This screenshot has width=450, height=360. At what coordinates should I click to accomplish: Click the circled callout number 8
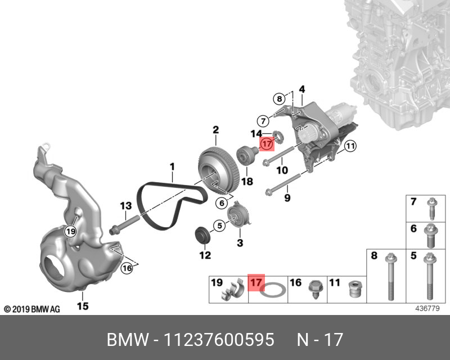pyautogui.click(x=279, y=100)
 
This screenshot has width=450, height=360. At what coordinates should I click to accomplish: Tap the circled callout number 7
pyautogui.click(x=263, y=121)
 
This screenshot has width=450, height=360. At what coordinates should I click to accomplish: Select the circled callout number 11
pyautogui.click(x=350, y=146)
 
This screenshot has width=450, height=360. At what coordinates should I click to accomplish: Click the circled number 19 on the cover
pyautogui.click(x=71, y=231)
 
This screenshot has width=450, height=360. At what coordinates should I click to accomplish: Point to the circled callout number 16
pyautogui.click(x=127, y=268)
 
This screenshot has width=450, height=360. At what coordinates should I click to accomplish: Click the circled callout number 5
pyautogui.click(x=219, y=226)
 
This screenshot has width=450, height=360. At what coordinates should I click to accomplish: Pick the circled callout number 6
pyautogui.click(x=222, y=203)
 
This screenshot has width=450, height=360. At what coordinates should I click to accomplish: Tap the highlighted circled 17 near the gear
pyautogui.click(x=267, y=144)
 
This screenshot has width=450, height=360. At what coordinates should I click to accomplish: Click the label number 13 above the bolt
pyautogui.click(x=125, y=206)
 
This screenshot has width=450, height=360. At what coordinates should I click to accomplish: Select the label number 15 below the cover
pyautogui.click(x=83, y=306)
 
